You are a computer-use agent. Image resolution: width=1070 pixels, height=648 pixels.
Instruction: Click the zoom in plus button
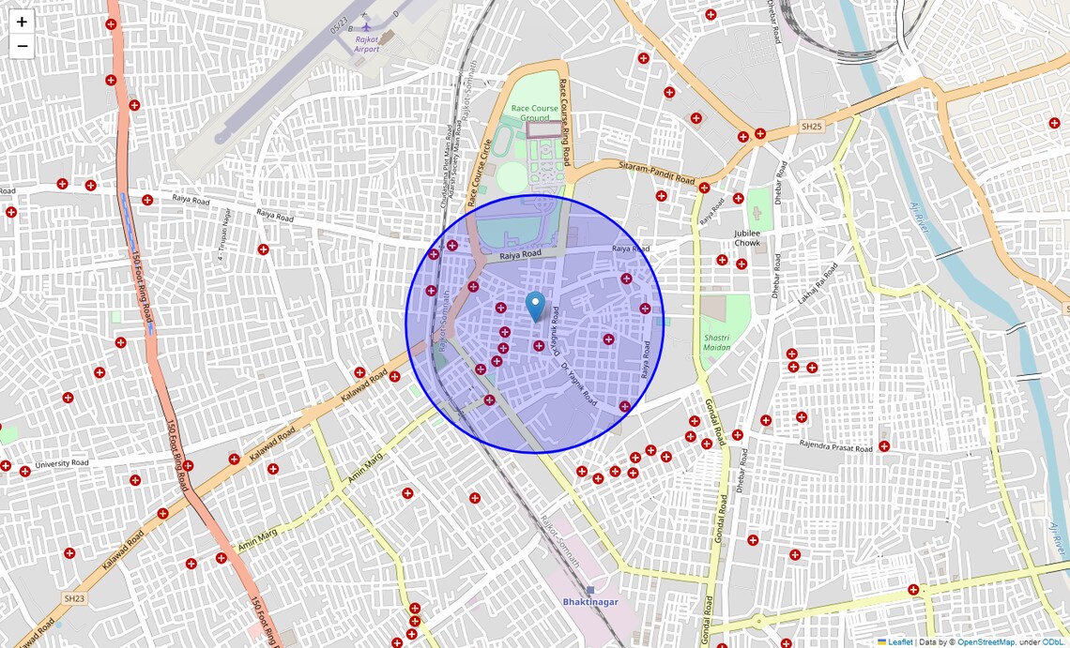point(22,22)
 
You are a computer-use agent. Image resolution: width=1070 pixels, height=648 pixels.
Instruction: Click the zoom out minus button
point(22,47)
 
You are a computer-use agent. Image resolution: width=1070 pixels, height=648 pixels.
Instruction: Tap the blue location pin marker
point(535,307)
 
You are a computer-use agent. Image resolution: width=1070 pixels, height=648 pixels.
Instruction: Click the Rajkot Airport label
point(367,44)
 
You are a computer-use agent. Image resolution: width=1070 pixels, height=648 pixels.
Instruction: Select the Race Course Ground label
point(535,113)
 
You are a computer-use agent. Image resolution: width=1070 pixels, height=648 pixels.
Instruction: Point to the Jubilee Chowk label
point(746,237)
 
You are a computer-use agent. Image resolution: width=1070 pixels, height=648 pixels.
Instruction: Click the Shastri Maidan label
point(716,341)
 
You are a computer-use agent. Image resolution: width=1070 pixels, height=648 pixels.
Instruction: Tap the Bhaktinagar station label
point(589,601)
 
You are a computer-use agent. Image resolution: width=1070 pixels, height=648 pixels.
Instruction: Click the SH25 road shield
point(811,126)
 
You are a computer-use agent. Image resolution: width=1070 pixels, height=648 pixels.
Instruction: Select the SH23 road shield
point(74,597)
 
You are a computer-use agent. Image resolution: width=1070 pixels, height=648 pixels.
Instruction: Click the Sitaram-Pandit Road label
point(656,172)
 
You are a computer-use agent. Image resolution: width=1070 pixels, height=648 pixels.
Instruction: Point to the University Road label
point(62,463)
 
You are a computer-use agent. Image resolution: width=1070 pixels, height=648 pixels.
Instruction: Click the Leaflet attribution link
point(900,641)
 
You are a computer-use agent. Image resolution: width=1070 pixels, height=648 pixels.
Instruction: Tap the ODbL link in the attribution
point(1053,641)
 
